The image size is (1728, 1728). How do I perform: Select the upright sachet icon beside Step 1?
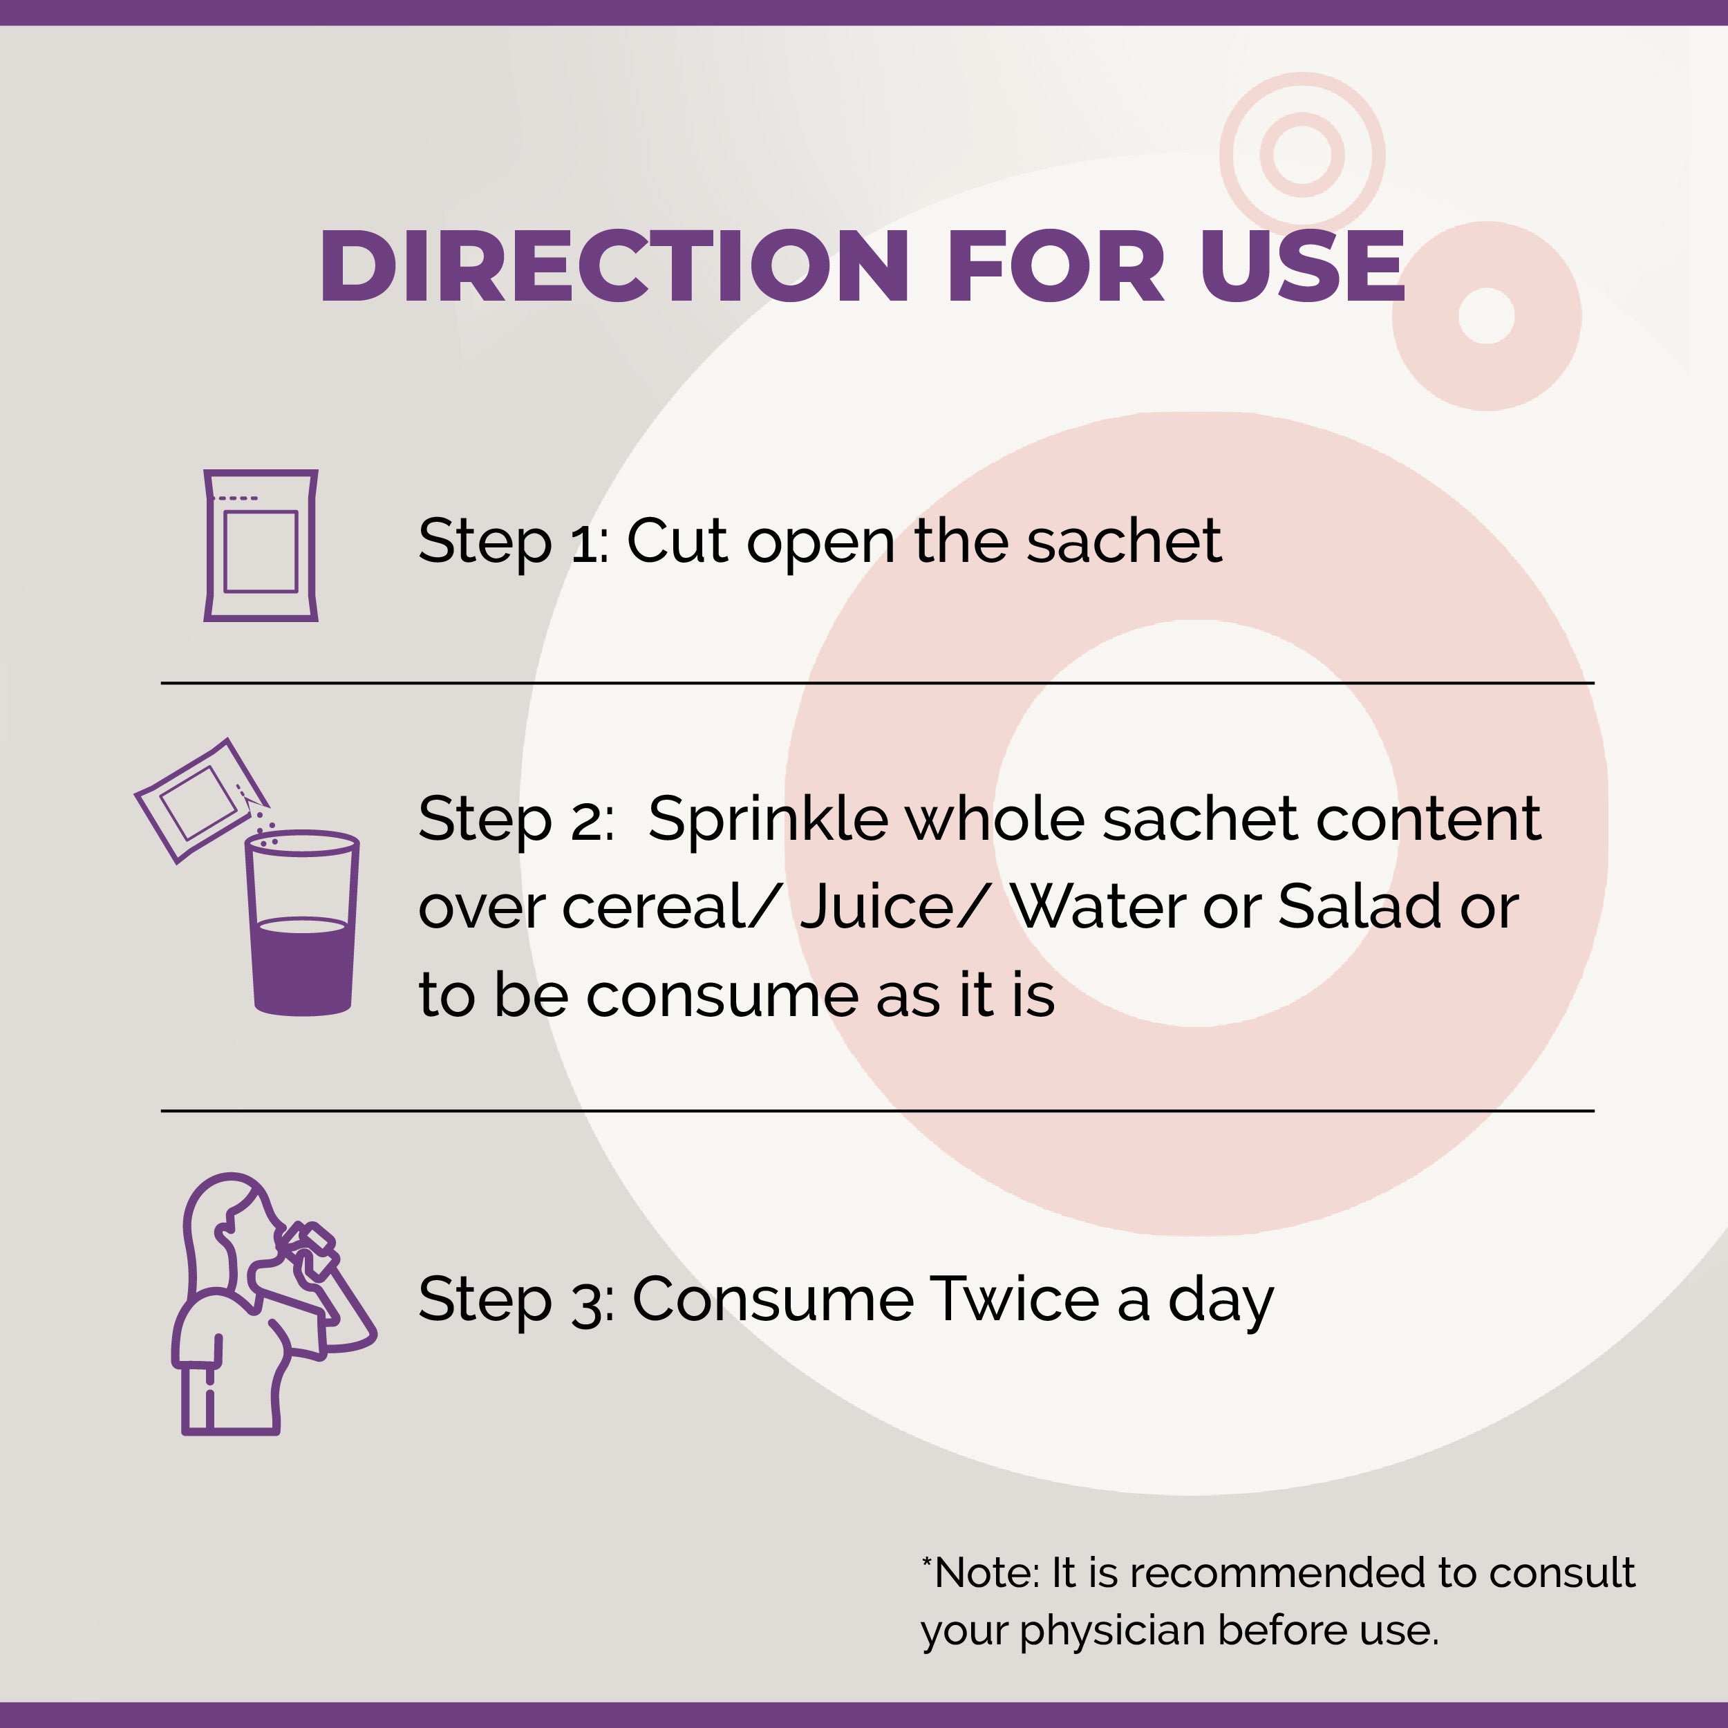click(261, 545)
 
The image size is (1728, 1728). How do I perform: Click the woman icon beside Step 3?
click(273, 1303)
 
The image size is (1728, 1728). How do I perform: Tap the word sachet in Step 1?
click(1123, 541)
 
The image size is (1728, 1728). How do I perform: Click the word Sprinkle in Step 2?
click(767, 818)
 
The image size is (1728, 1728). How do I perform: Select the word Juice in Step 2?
click(877, 906)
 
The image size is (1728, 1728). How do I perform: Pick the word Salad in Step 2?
click(1360, 906)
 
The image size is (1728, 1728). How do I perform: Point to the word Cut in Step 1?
click(676, 541)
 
